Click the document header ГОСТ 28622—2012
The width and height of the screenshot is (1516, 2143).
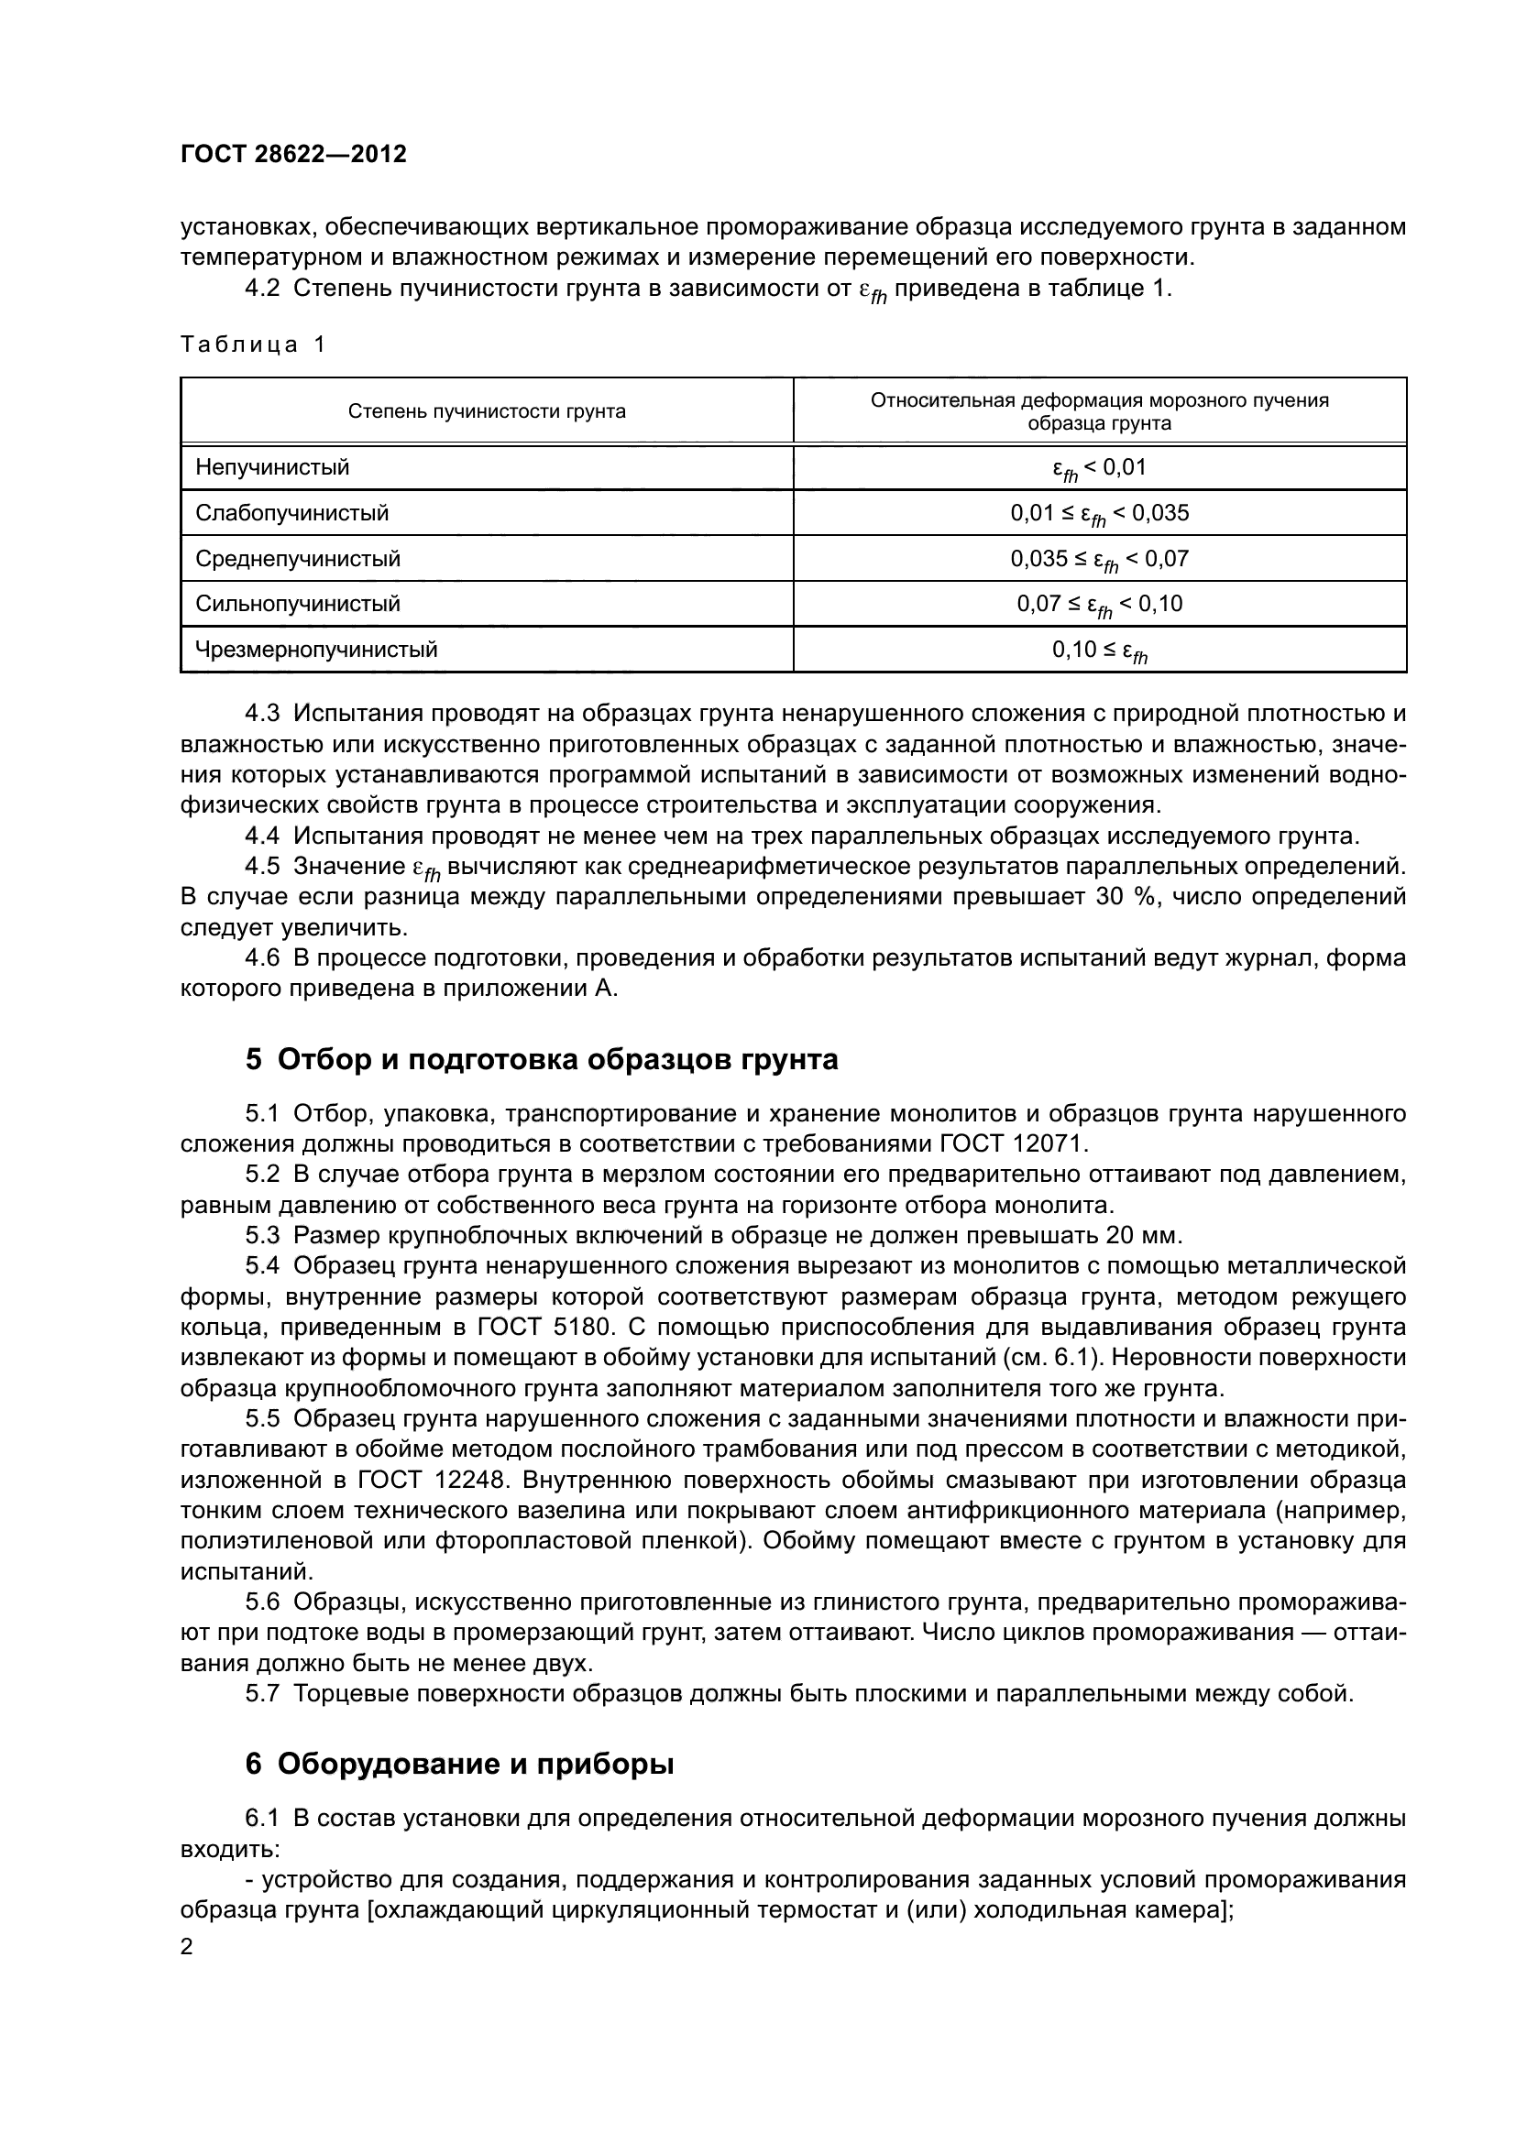(x=293, y=154)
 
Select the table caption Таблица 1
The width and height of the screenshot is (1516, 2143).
(x=252, y=344)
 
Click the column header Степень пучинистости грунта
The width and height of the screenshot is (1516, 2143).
(x=487, y=411)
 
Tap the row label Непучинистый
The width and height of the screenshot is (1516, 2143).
(x=271, y=466)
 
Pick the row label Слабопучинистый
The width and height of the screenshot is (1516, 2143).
(x=291, y=512)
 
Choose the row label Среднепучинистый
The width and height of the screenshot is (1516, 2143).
(x=298, y=558)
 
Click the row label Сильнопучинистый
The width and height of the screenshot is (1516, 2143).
(x=297, y=603)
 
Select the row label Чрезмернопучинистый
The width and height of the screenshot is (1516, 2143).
(x=315, y=649)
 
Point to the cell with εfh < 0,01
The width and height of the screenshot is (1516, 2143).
(x=1099, y=467)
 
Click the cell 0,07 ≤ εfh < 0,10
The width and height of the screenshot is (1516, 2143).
(x=1099, y=605)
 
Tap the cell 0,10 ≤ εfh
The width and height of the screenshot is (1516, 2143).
(x=1099, y=651)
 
